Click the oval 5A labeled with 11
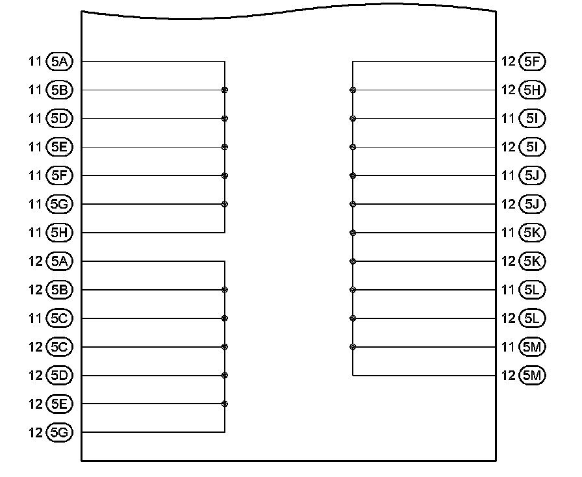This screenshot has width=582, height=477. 60,62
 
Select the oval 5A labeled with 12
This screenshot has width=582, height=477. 60,261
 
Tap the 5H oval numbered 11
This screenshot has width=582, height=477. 60,233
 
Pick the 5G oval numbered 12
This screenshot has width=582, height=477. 60,432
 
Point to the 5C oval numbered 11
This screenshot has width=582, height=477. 60,318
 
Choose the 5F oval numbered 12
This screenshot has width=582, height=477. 533,62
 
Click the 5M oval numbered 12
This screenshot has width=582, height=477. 533,375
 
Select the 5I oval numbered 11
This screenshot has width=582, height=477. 533,118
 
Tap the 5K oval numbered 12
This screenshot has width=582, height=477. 533,261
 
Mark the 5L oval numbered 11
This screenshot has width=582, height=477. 533,290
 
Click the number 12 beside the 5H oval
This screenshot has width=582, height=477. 509,90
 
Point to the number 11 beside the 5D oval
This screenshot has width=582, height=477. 35,118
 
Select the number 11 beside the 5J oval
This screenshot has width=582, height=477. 509,175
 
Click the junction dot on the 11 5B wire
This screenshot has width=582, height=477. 224,90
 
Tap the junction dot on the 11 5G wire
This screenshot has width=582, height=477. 224,204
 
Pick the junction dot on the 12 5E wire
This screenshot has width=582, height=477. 224,404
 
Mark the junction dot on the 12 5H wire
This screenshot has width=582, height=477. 353,90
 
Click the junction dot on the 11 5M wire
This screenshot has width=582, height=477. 353,347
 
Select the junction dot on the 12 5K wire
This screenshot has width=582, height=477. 353,261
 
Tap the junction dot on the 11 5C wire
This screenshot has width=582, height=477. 224,318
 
